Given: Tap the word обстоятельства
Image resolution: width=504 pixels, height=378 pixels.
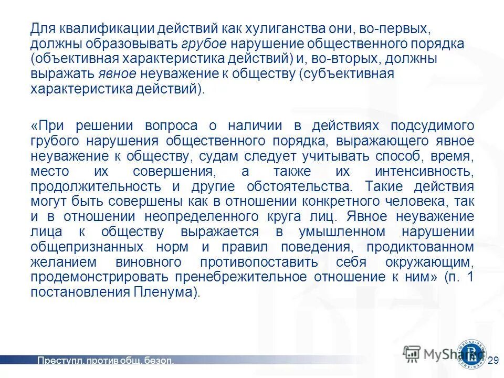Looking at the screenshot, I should point(293,187).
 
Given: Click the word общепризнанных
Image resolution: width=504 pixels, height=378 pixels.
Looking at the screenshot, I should point(83,248).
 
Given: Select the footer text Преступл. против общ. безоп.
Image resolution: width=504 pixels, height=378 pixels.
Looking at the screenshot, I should point(105,361).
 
